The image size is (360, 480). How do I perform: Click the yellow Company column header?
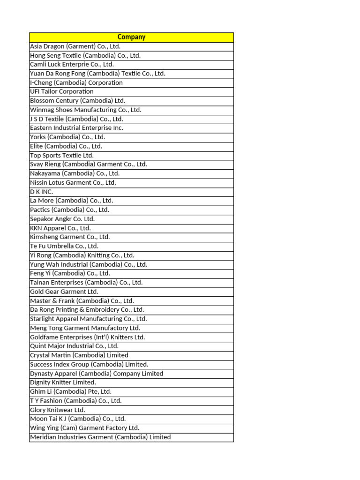[x=131, y=37]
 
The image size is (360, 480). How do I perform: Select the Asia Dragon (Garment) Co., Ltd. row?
[x=75, y=46]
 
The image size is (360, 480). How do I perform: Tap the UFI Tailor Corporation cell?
[x=62, y=91]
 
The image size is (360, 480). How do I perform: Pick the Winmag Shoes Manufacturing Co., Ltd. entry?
[x=85, y=110]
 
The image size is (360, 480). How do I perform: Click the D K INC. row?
[x=42, y=192]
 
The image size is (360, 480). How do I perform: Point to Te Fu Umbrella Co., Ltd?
[x=64, y=246]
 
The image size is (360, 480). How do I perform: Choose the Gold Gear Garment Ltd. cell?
[x=64, y=292]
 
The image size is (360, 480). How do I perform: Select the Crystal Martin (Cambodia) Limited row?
[x=79, y=355]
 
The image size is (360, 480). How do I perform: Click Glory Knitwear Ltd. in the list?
[x=58, y=410]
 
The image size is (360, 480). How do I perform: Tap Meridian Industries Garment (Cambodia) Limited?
[x=100, y=437]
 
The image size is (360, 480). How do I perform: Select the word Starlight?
[x=43, y=319]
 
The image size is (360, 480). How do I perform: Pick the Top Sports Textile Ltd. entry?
[x=62, y=155]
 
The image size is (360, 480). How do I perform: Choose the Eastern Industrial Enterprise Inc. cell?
[x=76, y=128]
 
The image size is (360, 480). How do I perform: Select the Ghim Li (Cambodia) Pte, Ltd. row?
[x=71, y=391]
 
